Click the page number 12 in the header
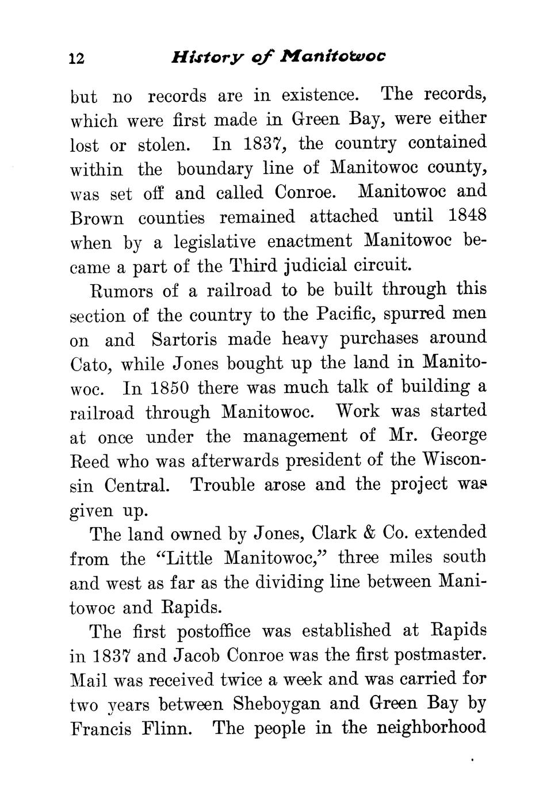(x=77, y=59)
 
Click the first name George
(x=458, y=435)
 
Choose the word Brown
(x=97, y=219)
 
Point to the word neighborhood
(x=431, y=728)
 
